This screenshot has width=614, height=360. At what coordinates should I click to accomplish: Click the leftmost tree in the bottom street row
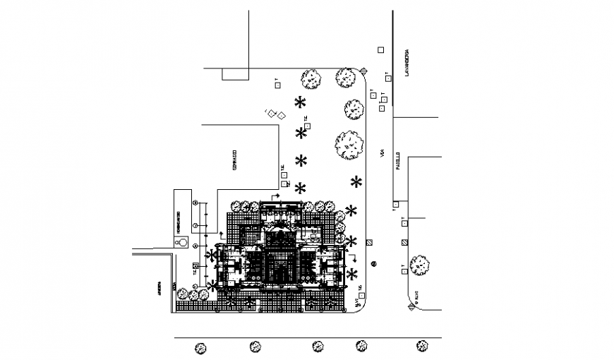click(201, 347)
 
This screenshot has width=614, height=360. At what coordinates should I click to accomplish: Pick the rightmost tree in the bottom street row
click(422, 345)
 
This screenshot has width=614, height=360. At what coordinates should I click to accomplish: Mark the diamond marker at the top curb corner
click(363, 70)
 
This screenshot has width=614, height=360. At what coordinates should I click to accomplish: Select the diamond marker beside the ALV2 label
click(410, 306)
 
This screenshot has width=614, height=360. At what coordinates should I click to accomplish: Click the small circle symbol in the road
click(374, 265)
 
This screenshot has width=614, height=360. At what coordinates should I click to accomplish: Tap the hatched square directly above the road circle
click(371, 242)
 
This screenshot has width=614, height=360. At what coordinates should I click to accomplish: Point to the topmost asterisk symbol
click(301, 101)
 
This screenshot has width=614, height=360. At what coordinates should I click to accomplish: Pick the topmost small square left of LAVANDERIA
click(380, 49)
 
